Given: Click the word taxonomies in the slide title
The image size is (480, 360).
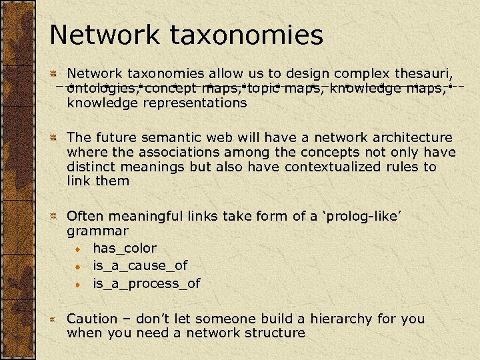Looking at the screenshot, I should click(x=252, y=35).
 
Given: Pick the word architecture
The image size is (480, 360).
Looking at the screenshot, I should click(x=411, y=137).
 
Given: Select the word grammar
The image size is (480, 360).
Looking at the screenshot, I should click(x=97, y=231).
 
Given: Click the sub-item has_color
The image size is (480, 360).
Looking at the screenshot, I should click(x=125, y=248).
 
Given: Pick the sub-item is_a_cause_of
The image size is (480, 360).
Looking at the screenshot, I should click(x=140, y=265).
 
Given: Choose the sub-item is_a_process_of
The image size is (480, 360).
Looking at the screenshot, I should click(x=146, y=283).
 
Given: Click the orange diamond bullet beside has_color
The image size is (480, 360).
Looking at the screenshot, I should click(x=79, y=249).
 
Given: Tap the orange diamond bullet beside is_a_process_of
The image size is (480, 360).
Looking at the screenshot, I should click(x=79, y=284).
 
